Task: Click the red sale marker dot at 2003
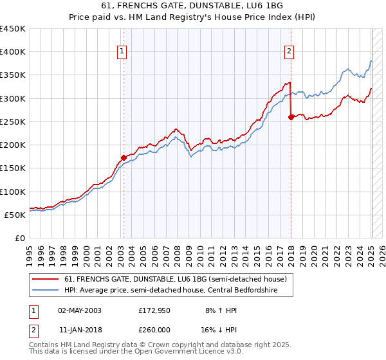(x=124, y=157)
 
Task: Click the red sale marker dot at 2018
(x=291, y=117)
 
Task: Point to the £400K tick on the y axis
(x=13, y=52)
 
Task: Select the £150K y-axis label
(x=13, y=168)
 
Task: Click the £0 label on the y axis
(x=21, y=238)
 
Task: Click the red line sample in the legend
(x=45, y=278)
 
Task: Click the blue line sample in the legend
(x=45, y=289)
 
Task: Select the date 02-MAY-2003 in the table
(x=80, y=310)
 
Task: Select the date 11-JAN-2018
(x=80, y=330)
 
